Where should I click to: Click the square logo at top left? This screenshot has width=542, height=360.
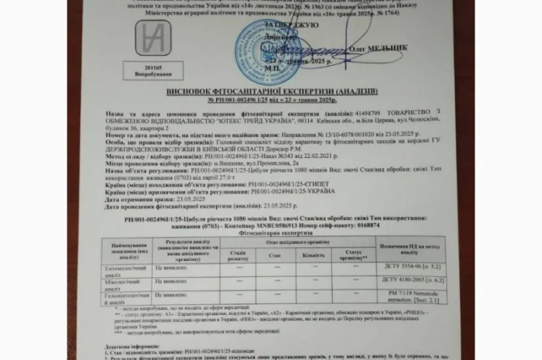[153, 38]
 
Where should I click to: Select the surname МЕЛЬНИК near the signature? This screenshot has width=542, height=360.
[389, 47]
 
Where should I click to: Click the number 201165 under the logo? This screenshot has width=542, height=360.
[152, 67]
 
